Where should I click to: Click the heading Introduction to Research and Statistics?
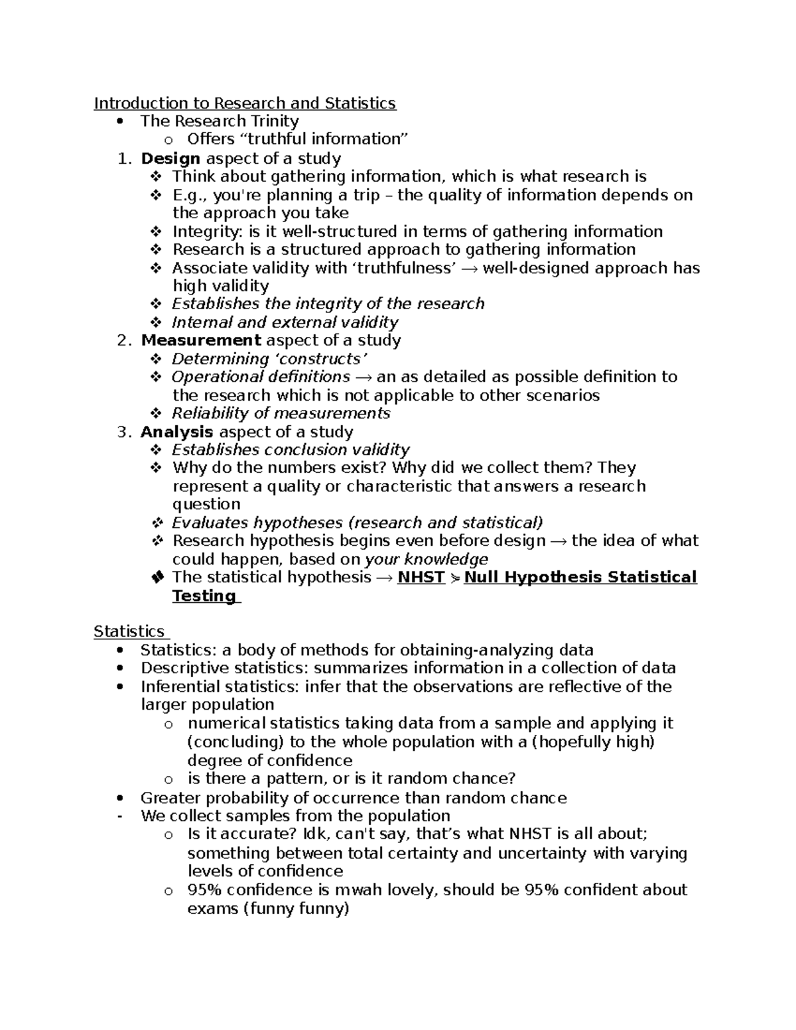(245, 103)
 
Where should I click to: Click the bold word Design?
(170, 159)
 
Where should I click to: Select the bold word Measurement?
(201, 340)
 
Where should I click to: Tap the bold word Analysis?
(176, 432)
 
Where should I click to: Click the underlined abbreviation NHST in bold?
(421, 577)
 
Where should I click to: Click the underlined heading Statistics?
(129, 631)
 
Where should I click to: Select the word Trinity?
(274, 121)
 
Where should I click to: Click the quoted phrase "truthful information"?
(298, 139)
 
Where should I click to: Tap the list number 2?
(122, 340)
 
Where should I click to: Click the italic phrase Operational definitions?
(261, 377)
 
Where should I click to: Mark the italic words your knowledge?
(427, 559)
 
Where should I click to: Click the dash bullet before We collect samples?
(119, 816)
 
